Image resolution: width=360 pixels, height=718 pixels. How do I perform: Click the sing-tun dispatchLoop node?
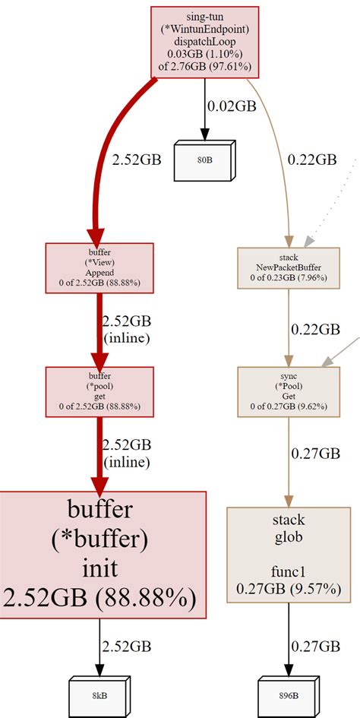click(205, 42)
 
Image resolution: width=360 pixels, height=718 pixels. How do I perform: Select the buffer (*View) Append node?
click(99, 266)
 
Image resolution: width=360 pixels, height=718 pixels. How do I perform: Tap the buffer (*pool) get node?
click(99, 390)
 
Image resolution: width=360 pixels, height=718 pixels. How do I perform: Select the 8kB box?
click(98, 694)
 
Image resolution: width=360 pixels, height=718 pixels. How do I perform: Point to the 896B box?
click(288, 694)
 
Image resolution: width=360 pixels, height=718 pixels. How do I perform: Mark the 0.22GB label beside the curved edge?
click(311, 160)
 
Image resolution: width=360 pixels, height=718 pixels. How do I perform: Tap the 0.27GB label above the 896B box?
click(314, 646)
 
